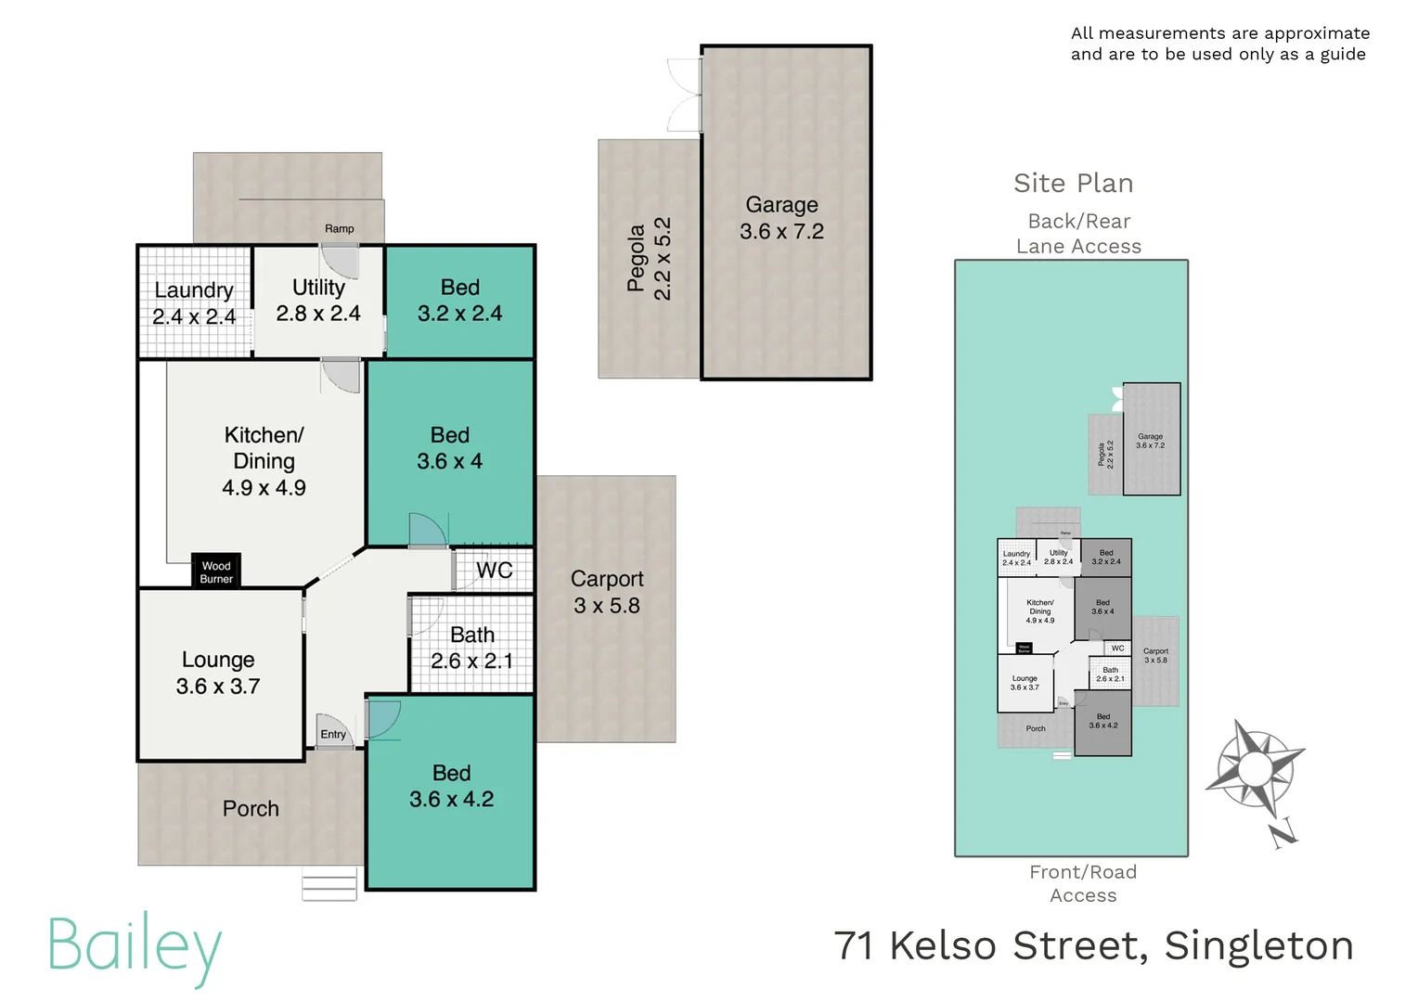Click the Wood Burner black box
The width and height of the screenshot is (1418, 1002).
[x=216, y=572]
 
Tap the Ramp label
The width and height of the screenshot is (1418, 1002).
[x=339, y=228]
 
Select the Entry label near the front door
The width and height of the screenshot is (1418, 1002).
[x=333, y=734]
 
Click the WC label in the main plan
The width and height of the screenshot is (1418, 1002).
[x=494, y=571]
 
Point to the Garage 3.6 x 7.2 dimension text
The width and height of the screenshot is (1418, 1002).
[x=781, y=232]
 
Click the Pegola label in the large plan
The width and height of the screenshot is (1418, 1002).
[x=636, y=258]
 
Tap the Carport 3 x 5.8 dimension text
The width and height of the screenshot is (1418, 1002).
[x=607, y=606]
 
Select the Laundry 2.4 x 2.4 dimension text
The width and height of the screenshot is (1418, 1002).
[x=194, y=317]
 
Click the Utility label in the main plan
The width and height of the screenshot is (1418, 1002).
[x=318, y=288]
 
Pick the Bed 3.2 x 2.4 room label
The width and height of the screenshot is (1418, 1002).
[x=459, y=288]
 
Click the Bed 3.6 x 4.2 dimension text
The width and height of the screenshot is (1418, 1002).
[x=452, y=800]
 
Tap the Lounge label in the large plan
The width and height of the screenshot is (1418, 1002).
[x=218, y=660]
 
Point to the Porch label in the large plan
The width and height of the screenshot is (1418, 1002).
[x=251, y=809]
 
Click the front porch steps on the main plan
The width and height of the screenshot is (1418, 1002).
[x=329, y=884]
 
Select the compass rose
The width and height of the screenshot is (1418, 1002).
[x=1255, y=768]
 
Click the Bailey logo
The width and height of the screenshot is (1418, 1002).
[x=135, y=947]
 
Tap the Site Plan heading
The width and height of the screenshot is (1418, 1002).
[x=1073, y=184]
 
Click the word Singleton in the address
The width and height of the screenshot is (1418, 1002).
[x=1258, y=946]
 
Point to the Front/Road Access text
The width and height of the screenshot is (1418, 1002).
[x=1083, y=883]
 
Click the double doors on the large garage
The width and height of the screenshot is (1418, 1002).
[x=685, y=95]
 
